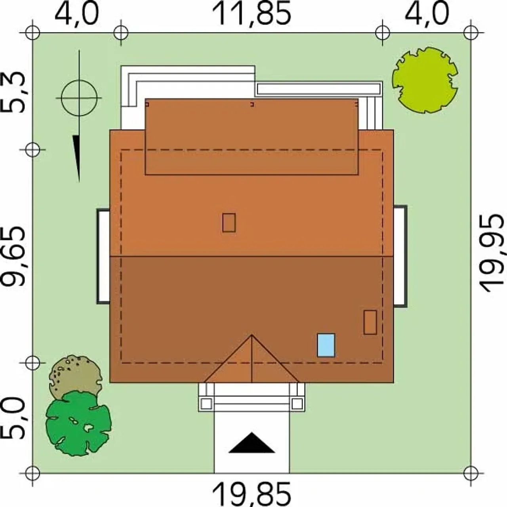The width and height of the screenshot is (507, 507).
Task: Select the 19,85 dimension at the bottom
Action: [x=252, y=494]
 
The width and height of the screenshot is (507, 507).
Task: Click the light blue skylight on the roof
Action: [x=326, y=345]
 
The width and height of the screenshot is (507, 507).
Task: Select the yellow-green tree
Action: [x=425, y=80]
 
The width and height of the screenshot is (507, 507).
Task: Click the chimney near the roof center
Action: [x=229, y=223]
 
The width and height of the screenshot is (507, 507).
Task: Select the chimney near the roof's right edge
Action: [x=370, y=322]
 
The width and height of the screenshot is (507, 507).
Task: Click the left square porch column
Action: [x=206, y=403]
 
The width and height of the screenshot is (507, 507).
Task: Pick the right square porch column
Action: [x=297, y=403]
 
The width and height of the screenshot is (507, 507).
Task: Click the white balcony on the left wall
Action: [x=103, y=257]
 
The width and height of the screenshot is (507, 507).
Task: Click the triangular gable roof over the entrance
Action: [x=252, y=366]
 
